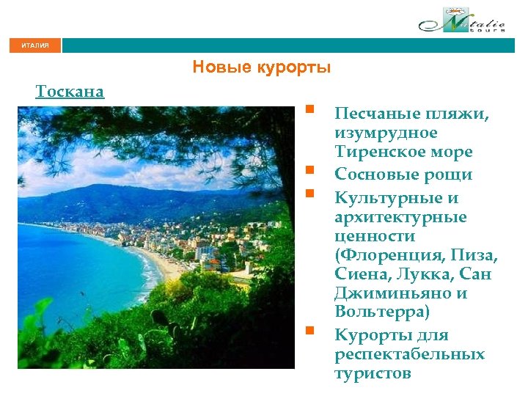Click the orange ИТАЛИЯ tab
(x=35, y=45)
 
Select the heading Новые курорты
(x=262, y=67)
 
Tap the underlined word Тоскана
(x=70, y=92)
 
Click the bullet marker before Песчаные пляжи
(x=311, y=111)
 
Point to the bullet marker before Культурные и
(x=311, y=195)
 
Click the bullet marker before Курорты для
(x=311, y=332)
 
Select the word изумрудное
(x=386, y=133)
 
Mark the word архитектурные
(x=400, y=218)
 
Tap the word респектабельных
(x=409, y=355)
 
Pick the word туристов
(x=373, y=374)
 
